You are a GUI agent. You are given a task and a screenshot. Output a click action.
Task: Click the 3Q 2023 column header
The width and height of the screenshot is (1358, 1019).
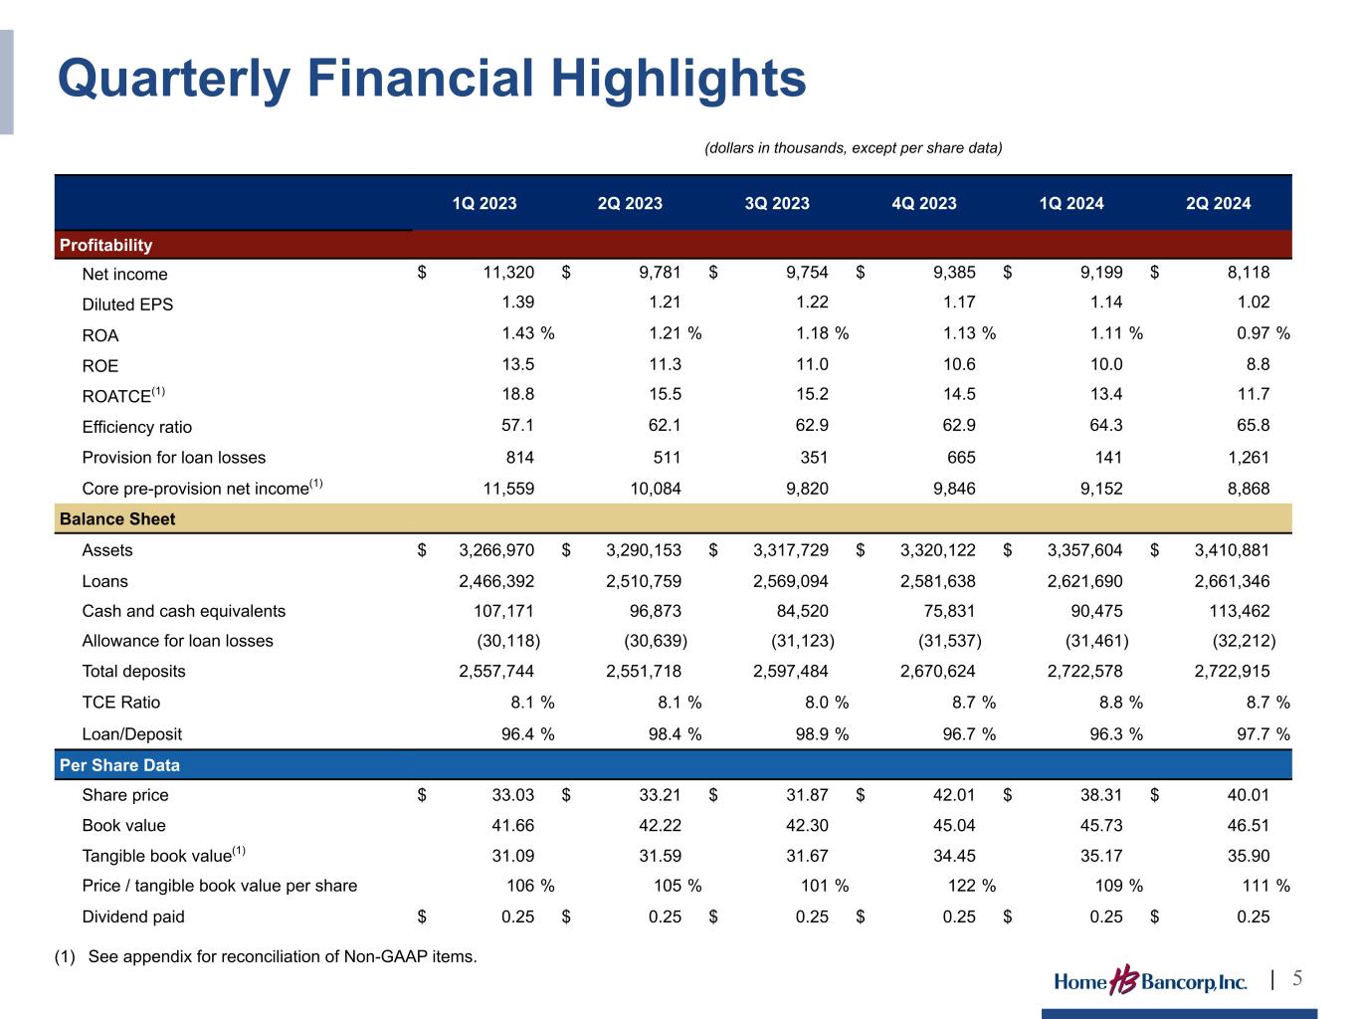pyautogui.click(x=777, y=203)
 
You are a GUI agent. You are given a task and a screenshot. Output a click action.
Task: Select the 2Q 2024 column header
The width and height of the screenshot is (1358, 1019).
pyautogui.click(x=1219, y=203)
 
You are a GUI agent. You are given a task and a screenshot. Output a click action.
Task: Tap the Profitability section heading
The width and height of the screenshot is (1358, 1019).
pyautogui.click(x=106, y=245)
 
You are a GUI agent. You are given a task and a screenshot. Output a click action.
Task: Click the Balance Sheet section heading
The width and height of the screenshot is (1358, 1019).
pyautogui.click(x=117, y=518)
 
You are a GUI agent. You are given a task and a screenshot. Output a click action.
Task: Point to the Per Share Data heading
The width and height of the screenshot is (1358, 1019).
pyautogui.click(x=120, y=765)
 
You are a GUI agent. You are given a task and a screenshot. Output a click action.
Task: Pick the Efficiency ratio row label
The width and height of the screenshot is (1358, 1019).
pyautogui.click(x=137, y=427)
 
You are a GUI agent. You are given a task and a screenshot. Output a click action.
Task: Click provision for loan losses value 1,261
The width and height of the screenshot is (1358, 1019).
pyautogui.click(x=1250, y=458)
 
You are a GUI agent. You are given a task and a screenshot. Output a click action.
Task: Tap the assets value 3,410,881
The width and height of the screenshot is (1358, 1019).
pyautogui.click(x=1232, y=550)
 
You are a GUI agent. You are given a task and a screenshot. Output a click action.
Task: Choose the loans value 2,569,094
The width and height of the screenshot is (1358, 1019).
pyautogui.click(x=791, y=581)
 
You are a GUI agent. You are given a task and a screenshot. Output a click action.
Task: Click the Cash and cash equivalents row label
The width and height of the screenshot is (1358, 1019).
pyautogui.click(x=184, y=611)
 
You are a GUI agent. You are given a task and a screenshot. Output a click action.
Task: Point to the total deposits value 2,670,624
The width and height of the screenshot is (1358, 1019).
pyautogui.click(x=938, y=672)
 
